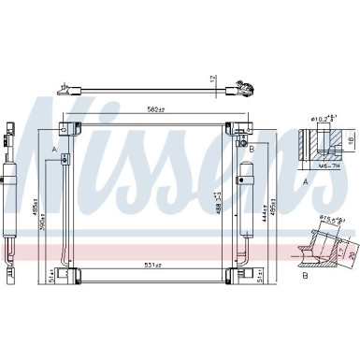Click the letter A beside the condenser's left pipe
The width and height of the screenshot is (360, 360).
tap(54, 150)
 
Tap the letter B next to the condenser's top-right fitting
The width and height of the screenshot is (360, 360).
tap(252, 148)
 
